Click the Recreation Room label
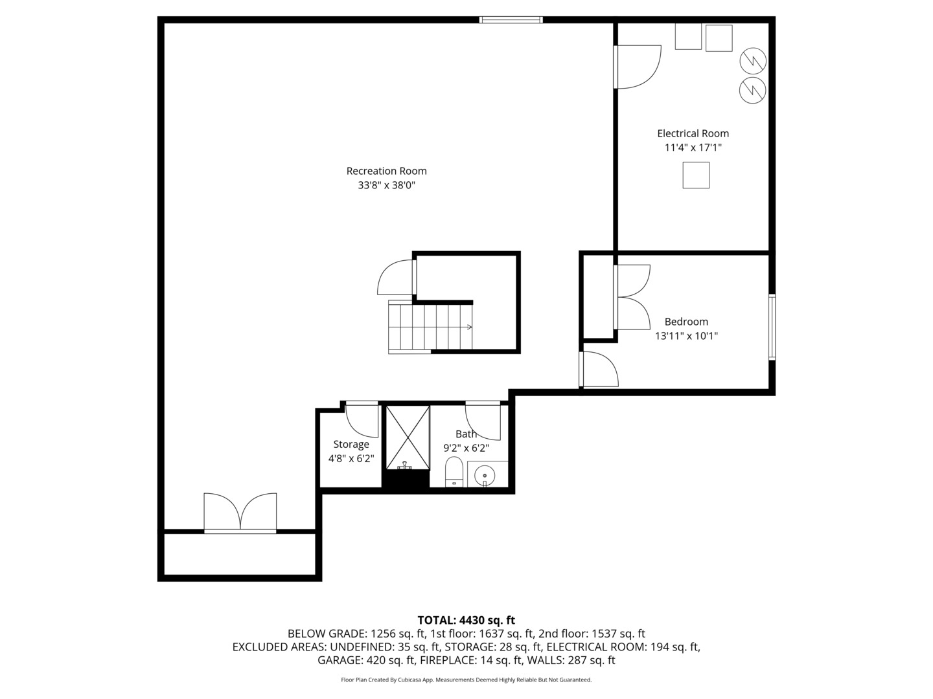tap(386, 171)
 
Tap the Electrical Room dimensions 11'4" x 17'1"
tap(693, 148)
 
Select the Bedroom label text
tap(686, 322)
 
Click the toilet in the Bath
tap(454, 471)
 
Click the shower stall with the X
tap(408, 438)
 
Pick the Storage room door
tap(362, 419)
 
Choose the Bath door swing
tap(483, 420)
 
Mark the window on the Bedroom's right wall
tap(772, 327)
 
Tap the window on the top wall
tap(511, 20)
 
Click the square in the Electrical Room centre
tap(696, 175)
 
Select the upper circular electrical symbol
tap(753, 61)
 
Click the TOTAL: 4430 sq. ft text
tap(466, 620)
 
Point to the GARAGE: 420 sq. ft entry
tap(365, 660)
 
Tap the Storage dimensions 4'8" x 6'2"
tap(351, 458)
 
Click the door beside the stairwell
tap(396, 278)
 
